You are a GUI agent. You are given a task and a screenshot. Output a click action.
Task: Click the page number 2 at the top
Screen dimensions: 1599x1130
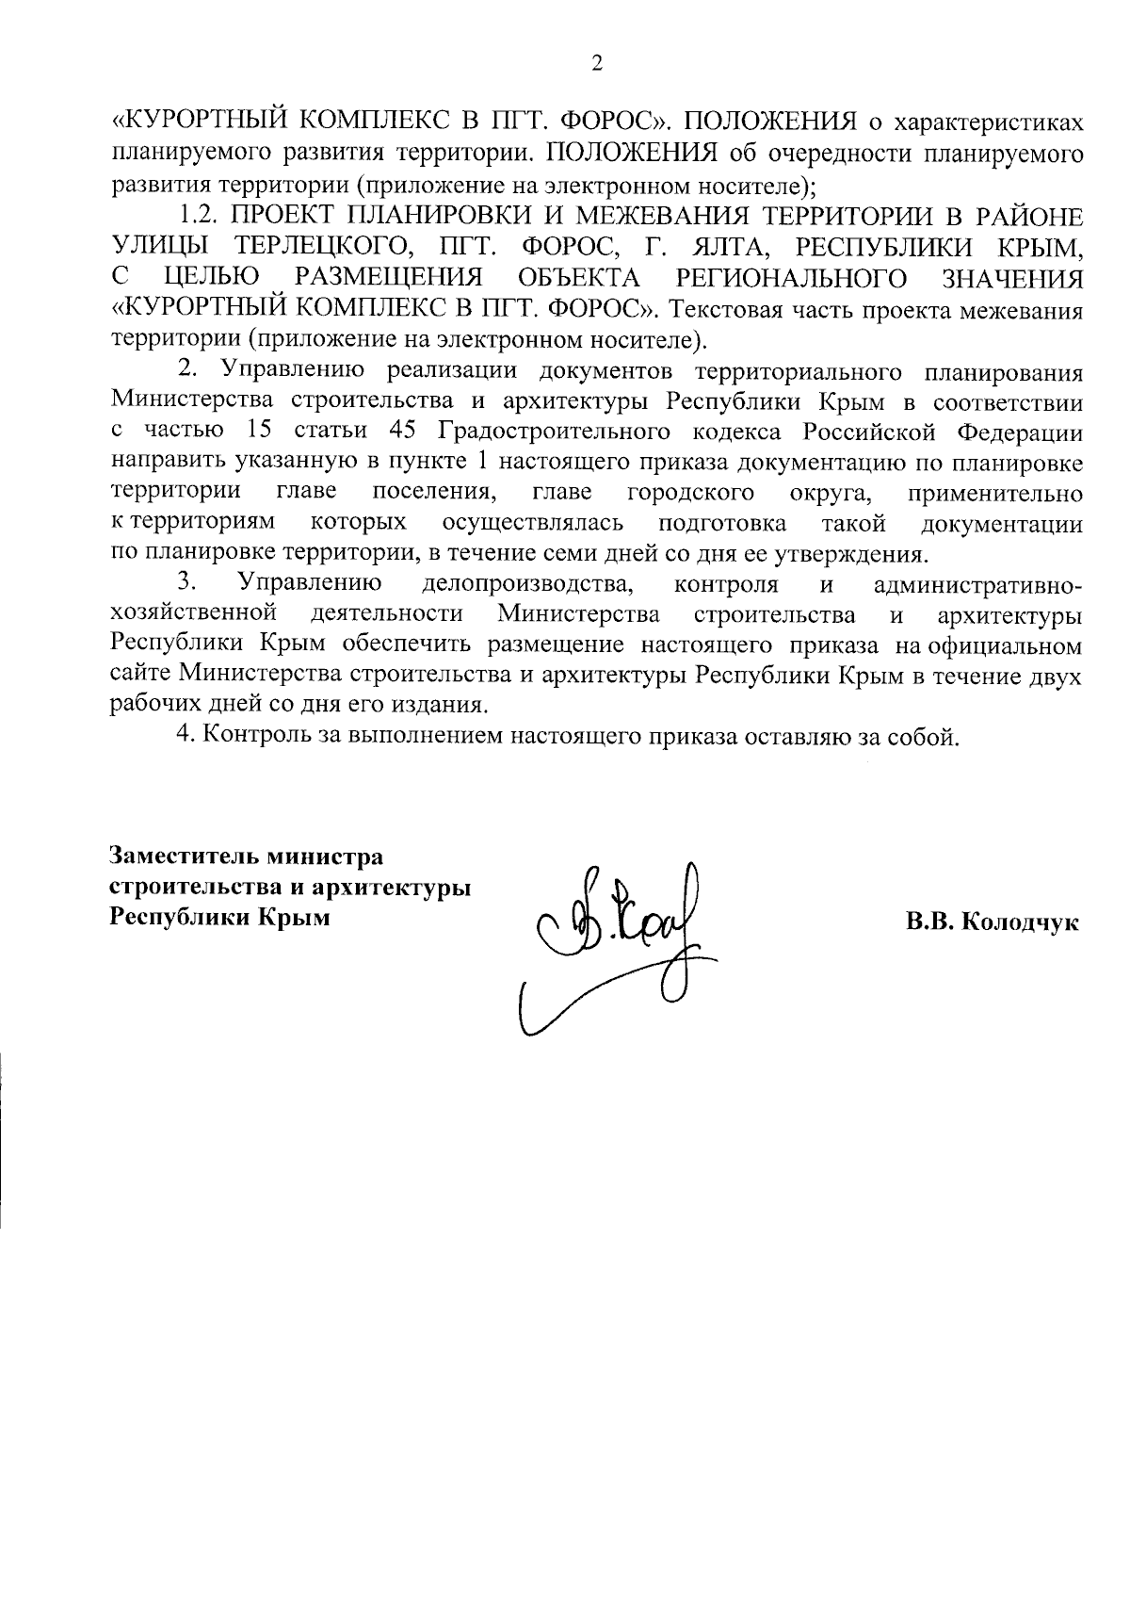[596, 63]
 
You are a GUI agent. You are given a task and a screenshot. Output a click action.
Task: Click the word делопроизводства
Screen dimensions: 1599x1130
[527, 585]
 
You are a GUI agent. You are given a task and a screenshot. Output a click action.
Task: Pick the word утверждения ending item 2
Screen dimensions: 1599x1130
[857, 553]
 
